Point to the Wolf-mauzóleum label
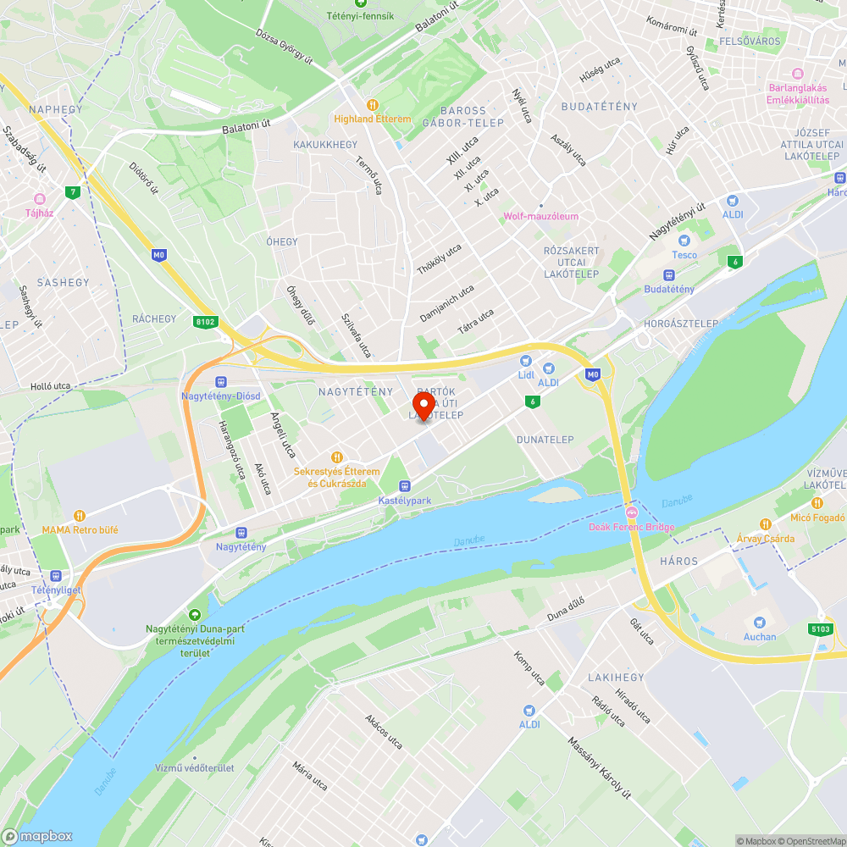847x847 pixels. point(540,216)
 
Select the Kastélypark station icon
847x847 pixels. point(405,486)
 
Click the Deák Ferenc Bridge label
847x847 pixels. point(631,527)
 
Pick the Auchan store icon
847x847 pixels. point(760,623)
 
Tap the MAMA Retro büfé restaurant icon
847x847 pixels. point(80,515)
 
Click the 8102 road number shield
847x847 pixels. point(205,322)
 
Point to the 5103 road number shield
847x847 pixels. point(821,628)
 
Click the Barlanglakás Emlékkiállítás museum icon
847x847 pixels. point(798,73)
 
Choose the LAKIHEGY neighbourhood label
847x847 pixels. point(617,678)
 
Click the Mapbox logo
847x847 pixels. point(38,836)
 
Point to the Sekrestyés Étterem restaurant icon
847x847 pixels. point(336,457)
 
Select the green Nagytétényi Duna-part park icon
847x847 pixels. point(196,614)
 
